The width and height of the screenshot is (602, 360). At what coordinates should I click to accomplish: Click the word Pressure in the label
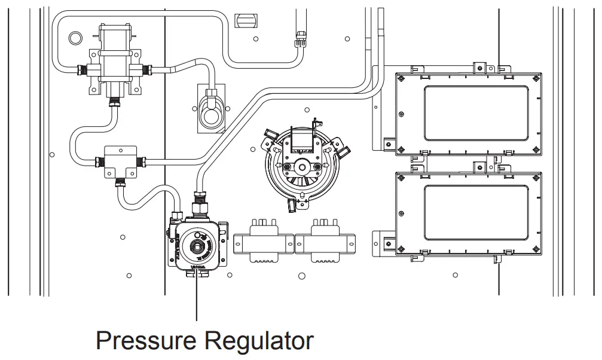[146, 341]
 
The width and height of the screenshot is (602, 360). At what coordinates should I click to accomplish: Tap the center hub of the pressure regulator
[196, 245]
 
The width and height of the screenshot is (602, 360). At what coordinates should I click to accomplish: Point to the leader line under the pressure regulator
[196, 299]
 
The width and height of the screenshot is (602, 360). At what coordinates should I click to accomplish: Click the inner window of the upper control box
[475, 112]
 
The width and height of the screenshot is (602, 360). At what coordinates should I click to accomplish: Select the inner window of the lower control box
[475, 212]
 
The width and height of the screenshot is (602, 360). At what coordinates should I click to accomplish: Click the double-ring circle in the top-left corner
[75, 38]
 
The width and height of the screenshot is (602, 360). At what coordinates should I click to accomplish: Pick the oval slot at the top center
[245, 20]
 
